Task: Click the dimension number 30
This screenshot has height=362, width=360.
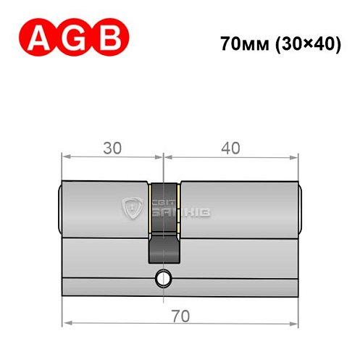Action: (112, 148)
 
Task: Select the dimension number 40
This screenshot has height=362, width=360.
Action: (230, 148)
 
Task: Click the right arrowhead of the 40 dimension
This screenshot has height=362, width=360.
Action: (295, 155)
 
